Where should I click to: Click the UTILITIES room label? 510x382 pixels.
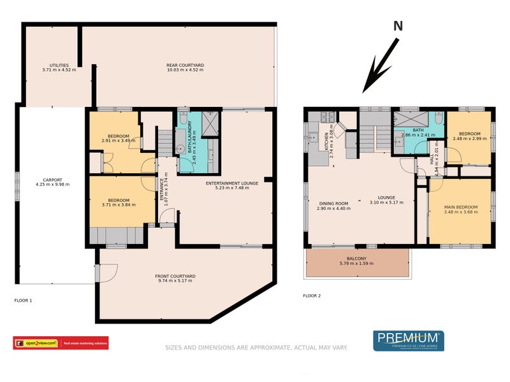pos(59,66)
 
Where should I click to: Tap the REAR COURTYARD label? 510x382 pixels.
pos(185,66)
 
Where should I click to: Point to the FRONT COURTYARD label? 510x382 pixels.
pos(175,276)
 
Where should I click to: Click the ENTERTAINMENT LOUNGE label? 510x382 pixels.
pos(231,183)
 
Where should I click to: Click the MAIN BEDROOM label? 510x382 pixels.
pos(461,206)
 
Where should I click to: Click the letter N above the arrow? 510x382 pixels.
pos(398,26)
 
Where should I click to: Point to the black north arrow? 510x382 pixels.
pos(381,66)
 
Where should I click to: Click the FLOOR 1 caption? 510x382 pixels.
pos(23,299)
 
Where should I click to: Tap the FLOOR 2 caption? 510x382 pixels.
pos(312,295)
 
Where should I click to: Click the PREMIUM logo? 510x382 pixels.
pos(408,340)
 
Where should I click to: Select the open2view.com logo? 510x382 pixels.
pos(36,343)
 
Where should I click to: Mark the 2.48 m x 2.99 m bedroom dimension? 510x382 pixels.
pos(470,138)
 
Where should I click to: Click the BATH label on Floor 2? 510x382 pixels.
pos(418,130)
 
